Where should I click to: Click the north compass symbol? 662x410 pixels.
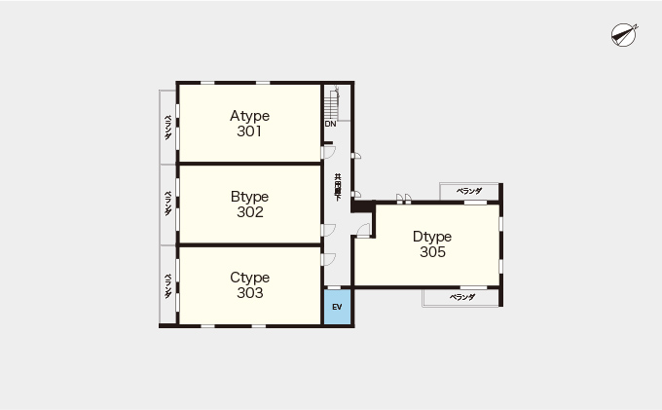pos(624,35)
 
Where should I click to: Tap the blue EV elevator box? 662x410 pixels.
pos(338,307)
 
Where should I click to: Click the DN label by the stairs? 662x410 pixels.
pos(331,124)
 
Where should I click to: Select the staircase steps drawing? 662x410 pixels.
pos(332,104)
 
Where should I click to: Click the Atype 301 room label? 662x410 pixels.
pos(249,124)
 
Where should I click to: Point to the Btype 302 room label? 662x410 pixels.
pos(249,204)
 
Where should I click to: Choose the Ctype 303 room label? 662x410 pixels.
pos(249,285)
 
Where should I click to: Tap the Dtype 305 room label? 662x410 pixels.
pos(432,244)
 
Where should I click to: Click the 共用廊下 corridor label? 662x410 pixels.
pos(338,187)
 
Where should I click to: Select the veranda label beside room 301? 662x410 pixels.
pos(168,128)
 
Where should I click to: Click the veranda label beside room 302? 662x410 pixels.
pos(168,204)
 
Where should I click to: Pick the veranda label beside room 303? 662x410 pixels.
pos(168,286)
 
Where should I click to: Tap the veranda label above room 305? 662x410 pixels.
pos(469,191)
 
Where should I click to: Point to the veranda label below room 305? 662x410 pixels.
pos(462,297)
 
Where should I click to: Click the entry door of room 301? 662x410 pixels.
pos(328,152)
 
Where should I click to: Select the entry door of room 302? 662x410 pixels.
pos(328,230)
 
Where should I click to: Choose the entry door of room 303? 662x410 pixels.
pos(328,259)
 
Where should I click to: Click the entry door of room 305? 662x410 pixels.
pos(363,231)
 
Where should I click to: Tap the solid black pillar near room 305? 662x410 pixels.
pos(363,206)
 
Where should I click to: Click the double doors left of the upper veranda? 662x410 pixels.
pos(404,199)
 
